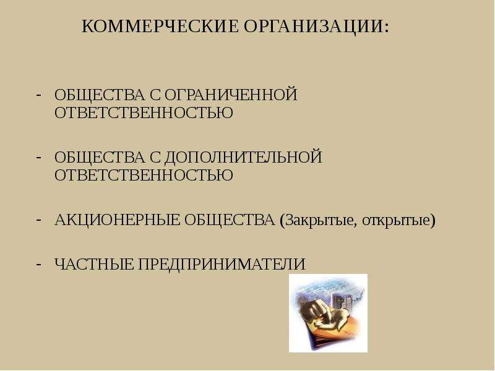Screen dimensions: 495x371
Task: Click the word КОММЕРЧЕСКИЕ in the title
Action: coord(160,26)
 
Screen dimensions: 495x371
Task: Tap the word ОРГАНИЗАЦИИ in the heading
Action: coord(314,26)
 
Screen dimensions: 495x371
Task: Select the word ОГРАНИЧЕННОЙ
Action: coord(231,95)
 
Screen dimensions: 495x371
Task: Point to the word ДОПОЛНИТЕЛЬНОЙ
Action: coord(243,158)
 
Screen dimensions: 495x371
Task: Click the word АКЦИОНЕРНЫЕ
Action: coord(117,220)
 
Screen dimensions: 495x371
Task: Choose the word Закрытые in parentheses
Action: coord(321,221)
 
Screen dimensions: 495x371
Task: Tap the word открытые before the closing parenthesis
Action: coord(396,221)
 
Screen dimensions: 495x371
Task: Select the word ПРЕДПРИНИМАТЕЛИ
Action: coord(222,265)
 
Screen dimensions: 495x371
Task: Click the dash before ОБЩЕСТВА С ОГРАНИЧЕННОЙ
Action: coord(39,95)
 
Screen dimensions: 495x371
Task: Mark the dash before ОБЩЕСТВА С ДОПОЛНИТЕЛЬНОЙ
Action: coord(39,157)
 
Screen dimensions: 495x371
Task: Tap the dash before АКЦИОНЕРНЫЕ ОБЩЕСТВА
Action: coord(39,220)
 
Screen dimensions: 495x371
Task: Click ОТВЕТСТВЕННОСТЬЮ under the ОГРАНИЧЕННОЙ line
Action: coord(144,113)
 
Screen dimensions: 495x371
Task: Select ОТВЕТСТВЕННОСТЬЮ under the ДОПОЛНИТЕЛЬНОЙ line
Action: coord(144,176)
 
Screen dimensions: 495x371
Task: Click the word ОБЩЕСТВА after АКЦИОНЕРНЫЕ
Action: coord(230,220)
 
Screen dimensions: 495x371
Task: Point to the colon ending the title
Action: coord(387,28)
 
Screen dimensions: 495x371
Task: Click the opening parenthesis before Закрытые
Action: coord(282,221)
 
